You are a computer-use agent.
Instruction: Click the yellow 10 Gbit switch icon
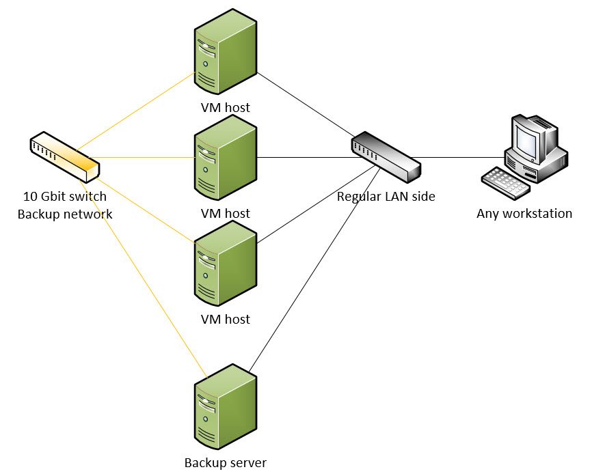(65, 156)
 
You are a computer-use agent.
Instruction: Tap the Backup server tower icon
(225, 406)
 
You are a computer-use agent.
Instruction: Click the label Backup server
(225, 462)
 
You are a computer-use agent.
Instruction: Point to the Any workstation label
(524, 213)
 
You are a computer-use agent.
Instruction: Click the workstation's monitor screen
(528, 140)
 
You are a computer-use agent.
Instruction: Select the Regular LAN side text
(386, 197)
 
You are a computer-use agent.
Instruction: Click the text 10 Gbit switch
(64, 197)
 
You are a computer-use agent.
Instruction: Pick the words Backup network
(64, 214)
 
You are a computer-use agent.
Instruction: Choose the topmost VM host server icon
(225, 51)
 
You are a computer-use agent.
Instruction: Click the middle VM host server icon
(225, 157)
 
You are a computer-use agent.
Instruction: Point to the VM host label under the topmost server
(225, 107)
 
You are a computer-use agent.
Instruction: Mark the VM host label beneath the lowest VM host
(225, 319)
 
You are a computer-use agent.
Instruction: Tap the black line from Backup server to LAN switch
(308, 273)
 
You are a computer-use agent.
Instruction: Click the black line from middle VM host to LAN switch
(301, 157)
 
